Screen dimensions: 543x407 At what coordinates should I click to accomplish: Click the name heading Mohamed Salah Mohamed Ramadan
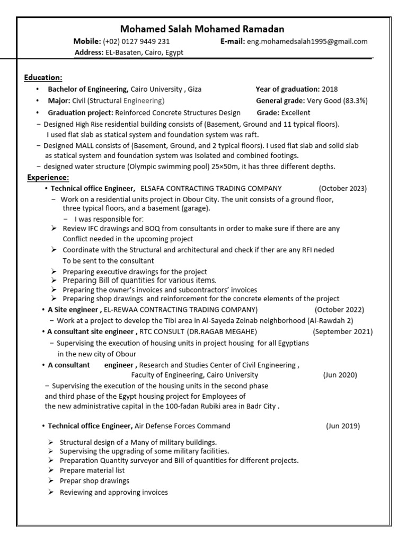202,29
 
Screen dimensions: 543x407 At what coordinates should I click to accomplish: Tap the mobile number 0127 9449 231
144,41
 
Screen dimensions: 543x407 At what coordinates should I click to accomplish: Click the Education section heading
43,77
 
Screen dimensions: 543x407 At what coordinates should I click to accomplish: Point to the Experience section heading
48,177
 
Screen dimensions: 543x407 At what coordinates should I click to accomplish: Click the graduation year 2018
329,89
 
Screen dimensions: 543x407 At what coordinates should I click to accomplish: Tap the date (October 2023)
342,188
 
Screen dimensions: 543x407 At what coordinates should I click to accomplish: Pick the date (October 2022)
339,310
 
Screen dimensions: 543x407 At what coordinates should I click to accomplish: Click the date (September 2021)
342,332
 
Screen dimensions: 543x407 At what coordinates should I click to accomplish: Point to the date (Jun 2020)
340,375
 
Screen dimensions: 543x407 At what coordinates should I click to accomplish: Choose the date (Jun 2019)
342,426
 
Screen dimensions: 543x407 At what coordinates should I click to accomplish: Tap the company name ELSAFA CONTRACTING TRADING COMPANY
211,188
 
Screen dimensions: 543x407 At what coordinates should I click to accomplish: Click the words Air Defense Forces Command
182,426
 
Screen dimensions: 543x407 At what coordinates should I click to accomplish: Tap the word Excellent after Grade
296,112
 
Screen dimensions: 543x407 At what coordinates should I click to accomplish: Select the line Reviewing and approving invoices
113,493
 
